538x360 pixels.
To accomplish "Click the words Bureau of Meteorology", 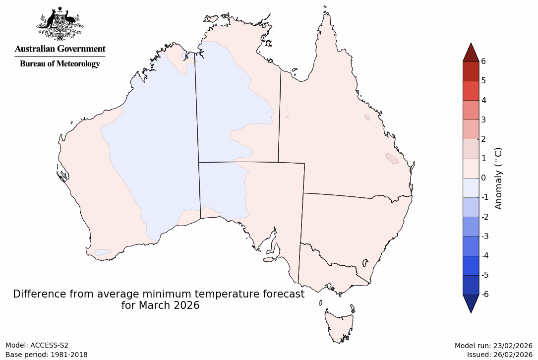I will click(60, 64).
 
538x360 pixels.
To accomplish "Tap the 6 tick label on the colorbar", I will click(483, 61).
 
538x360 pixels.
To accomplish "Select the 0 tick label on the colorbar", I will click(483, 178).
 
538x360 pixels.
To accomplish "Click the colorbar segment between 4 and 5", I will click(471, 91).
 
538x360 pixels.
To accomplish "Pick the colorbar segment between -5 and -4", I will click(471, 265).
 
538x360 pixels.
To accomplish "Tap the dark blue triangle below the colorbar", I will click(471, 303).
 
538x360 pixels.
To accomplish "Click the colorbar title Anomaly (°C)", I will click(498, 178).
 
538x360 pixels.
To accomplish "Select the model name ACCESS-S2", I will click(50, 345).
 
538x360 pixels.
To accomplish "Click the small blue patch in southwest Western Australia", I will click(103, 252).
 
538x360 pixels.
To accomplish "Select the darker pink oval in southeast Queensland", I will click(391, 159).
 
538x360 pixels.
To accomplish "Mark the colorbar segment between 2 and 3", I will click(471, 129).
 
